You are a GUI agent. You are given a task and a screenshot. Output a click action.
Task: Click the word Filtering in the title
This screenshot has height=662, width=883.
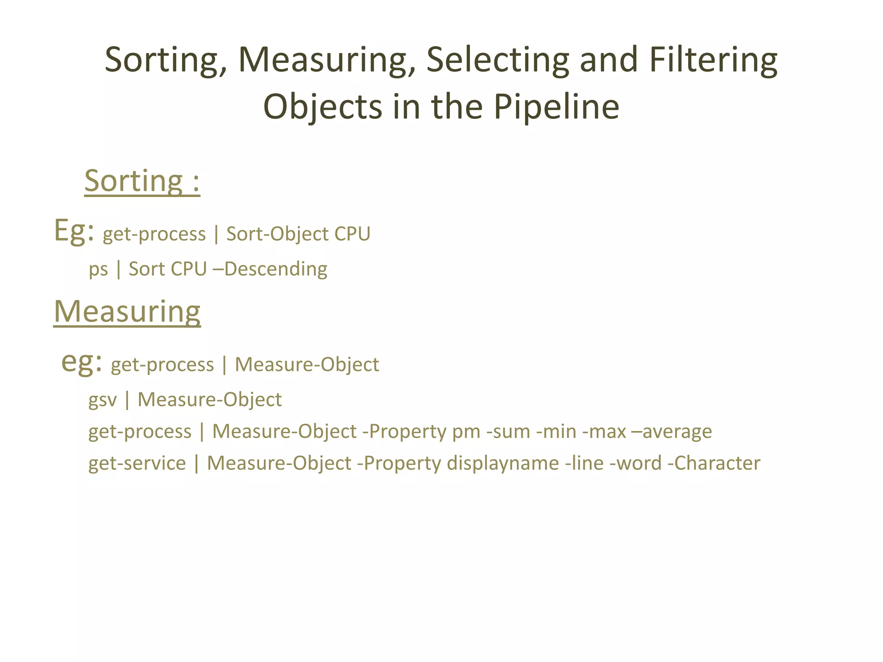(x=713, y=60)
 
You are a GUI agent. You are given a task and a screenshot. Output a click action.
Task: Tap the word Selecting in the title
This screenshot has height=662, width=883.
(x=498, y=60)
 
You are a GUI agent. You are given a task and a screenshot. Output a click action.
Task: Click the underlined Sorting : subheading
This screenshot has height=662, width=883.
(x=142, y=181)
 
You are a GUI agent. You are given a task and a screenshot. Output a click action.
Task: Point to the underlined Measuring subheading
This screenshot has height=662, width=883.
(x=127, y=312)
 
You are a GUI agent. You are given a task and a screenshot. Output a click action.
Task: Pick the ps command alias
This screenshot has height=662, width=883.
(x=98, y=270)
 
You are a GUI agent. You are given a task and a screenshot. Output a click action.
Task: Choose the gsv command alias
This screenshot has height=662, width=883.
(x=103, y=400)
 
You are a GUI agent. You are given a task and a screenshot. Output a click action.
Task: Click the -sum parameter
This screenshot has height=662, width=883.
(x=508, y=432)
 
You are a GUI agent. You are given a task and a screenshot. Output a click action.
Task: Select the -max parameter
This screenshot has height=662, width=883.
(x=604, y=432)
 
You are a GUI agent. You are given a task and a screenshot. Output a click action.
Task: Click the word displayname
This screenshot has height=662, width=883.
(x=503, y=464)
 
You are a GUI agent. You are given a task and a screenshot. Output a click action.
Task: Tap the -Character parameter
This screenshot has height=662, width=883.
(x=714, y=464)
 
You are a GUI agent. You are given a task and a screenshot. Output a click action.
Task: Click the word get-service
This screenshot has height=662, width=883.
(x=137, y=464)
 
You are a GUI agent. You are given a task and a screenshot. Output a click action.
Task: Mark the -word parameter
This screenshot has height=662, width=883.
(x=635, y=464)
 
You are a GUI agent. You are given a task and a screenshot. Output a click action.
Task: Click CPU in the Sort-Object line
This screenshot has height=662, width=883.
(x=352, y=234)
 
